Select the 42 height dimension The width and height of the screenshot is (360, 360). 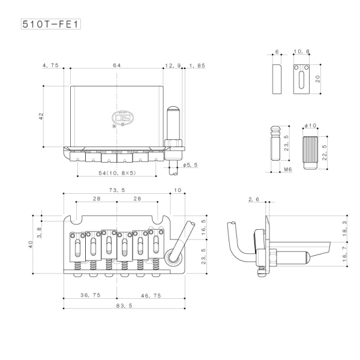(x=41, y=116)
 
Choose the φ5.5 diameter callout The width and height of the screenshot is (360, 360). (x=190, y=164)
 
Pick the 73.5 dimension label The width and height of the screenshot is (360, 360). (x=116, y=190)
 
